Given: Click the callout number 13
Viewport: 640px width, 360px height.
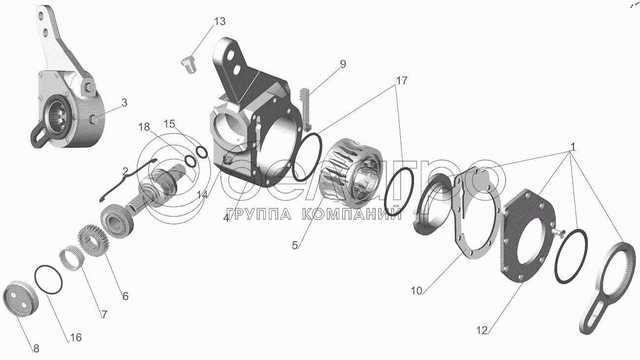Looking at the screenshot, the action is pyautogui.click(x=220, y=22).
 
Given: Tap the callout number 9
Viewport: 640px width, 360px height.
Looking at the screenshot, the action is pyautogui.click(x=343, y=64).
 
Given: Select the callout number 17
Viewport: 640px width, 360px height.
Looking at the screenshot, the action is pyautogui.click(x=401, y=81).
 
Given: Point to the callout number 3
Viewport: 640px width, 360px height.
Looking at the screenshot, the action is pyautogui.click(x=124, y=102).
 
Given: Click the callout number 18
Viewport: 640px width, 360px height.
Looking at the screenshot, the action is pyautogui.click(x=144, y=127).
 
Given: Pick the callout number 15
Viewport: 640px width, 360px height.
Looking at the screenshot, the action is pyautogui.click(x=169, y=124).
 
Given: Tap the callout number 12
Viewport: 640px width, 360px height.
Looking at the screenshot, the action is pyautogui.click(x=481, y=330).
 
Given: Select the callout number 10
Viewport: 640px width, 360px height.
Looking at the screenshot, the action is pyautogui.click(x=416, y=291).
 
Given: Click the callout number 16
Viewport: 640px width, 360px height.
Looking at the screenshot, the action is pyautogui.click(x=76, y=337).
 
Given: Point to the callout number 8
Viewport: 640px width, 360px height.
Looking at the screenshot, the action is pyautogui.click(x=36, y=349).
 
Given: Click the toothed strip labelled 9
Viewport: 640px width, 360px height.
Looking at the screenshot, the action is pyautogui.click(x=305, y=108).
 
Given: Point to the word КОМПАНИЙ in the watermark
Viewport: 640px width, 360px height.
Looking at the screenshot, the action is pyautogui.click(x=352, y=214).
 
